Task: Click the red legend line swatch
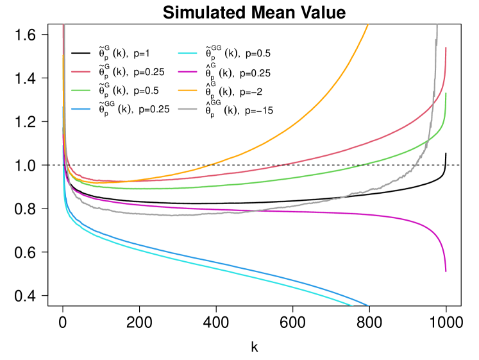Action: pos(81,72)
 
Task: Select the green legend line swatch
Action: pos(81,90)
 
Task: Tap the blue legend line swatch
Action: pos(81,109)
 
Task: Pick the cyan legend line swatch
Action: pos(187,53)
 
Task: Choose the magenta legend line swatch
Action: pos(187,72)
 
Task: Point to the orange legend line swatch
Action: pos(187,90)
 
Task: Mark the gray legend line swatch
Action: pos(187,109)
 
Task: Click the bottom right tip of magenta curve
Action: pos(446,271)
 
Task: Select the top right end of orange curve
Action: pos(368,24)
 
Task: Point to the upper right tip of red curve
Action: pos(446,47)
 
